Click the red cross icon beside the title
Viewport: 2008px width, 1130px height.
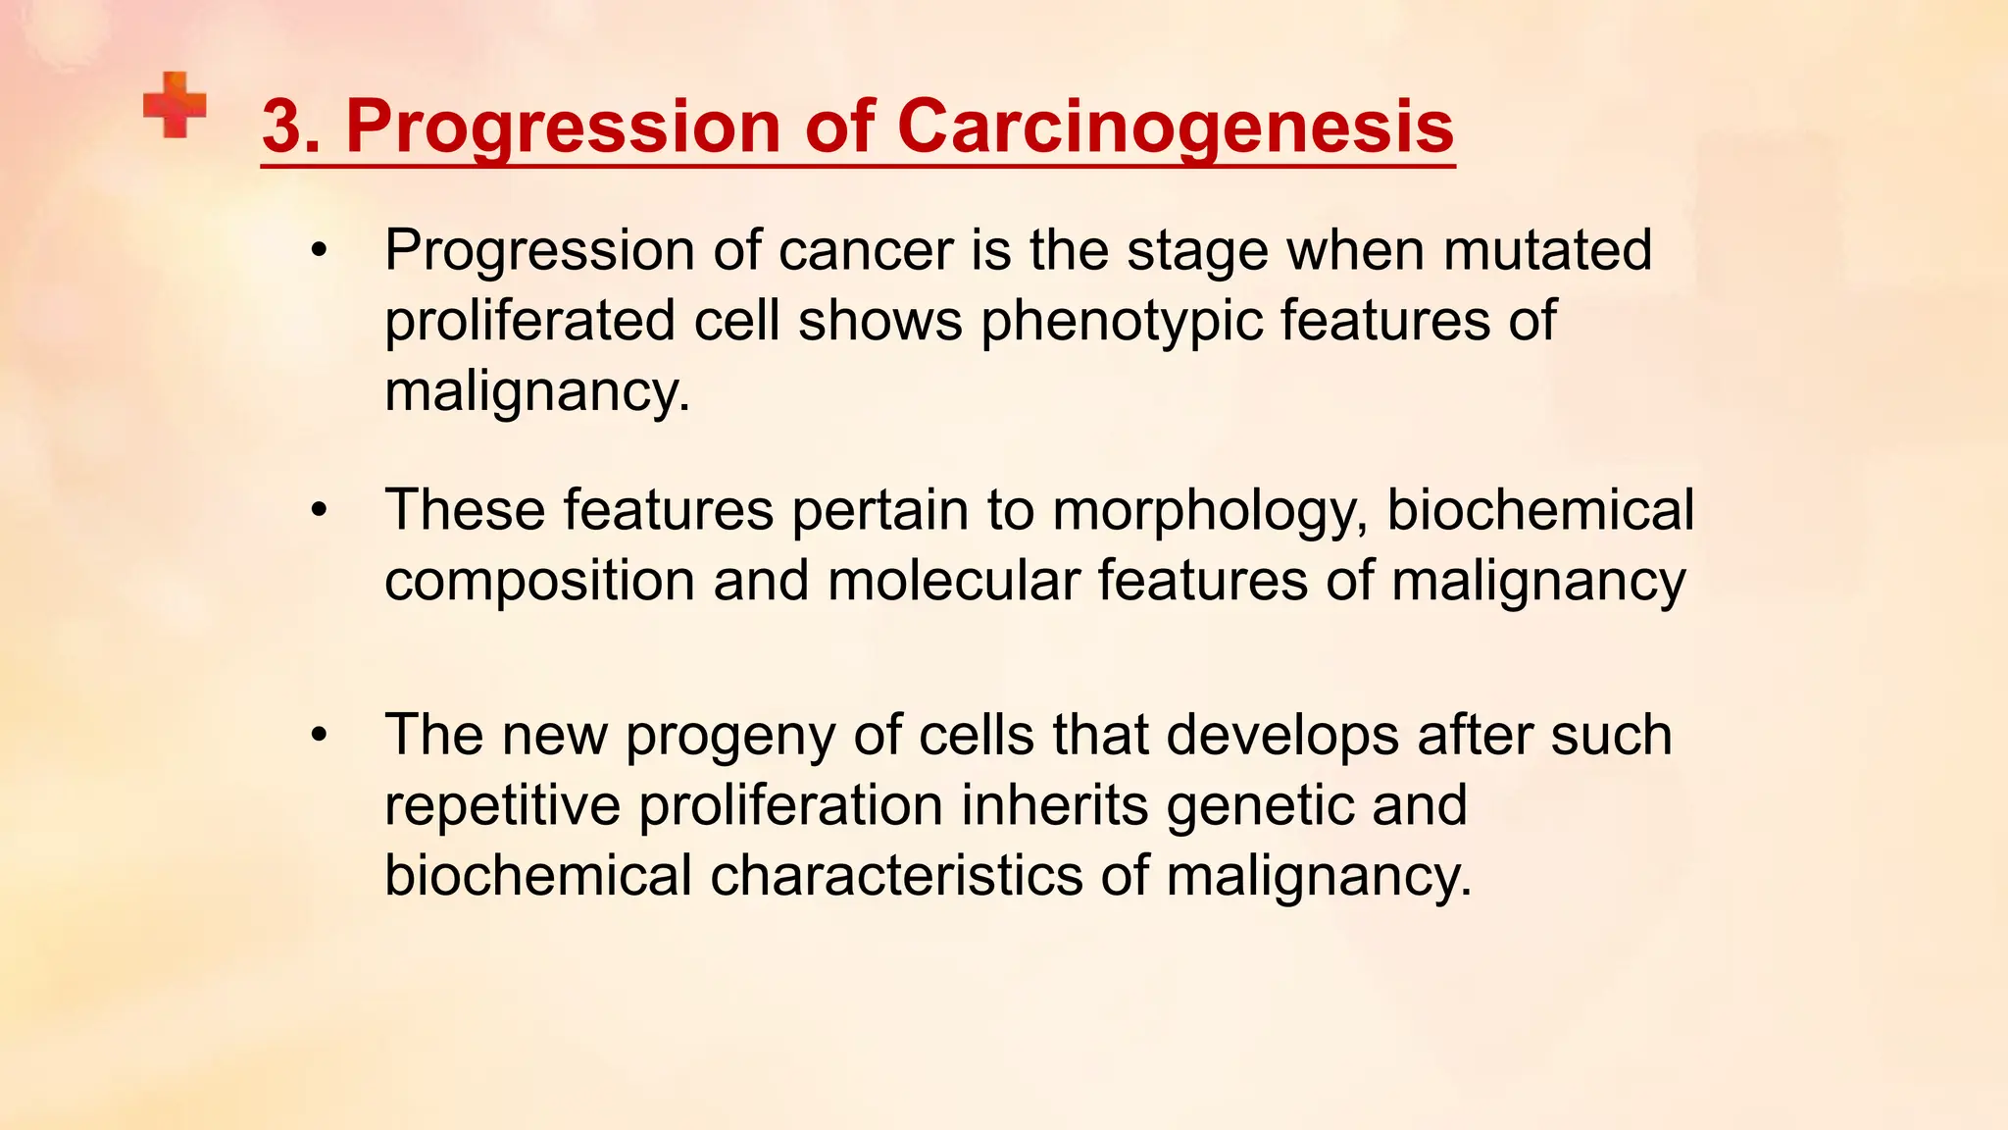click(x=175, y=104)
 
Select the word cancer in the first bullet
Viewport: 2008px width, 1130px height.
click(x=865, y=250)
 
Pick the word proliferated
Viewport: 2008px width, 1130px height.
click(x=529, y=322)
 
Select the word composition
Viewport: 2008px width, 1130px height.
click(x=540, y=581)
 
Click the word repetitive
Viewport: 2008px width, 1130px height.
click(x=502, y=805)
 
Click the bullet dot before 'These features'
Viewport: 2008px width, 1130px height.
click(x=318, y=511)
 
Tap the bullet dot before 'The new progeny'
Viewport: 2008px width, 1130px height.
click(x=318, y=736)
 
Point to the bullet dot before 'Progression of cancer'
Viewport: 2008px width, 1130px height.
click(x=318, y=251)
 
